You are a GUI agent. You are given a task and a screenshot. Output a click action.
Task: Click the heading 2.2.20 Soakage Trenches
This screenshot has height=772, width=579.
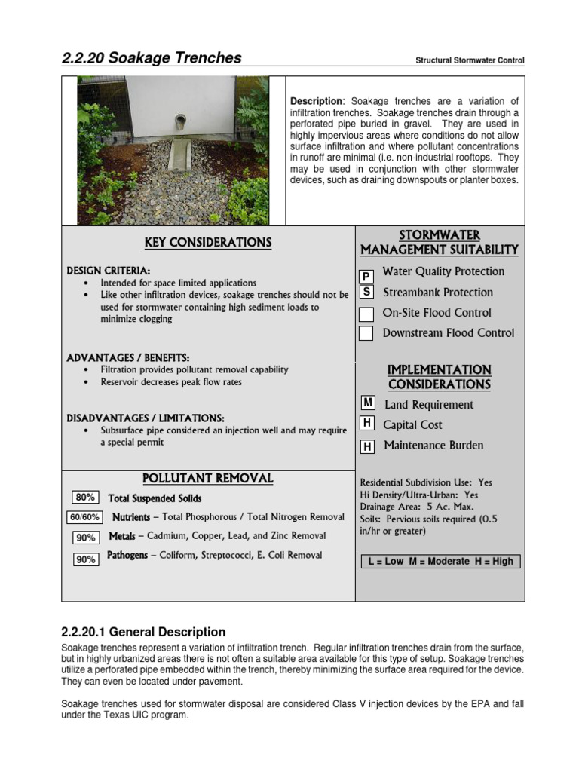point(152,58)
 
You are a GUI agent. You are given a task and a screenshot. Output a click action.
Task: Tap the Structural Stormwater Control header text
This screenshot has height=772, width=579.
point(470,60)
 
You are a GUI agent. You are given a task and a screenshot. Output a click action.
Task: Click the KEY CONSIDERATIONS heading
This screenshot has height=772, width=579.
point(208,243)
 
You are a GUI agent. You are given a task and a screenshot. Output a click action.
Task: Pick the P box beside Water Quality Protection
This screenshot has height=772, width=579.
point(366,277)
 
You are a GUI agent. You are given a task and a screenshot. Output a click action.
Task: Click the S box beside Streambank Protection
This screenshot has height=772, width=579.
point(366,292)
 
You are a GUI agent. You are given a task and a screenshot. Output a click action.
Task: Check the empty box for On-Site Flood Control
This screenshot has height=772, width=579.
point(366,314)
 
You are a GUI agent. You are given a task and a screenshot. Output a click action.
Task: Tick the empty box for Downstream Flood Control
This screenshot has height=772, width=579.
point(366,333)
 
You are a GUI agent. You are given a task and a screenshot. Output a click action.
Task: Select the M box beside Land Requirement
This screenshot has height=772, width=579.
point(368,404)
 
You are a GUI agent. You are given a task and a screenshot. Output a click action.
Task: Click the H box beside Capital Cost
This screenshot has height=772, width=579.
point(367,424)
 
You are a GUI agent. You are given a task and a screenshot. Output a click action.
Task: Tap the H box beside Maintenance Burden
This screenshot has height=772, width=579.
point(367,447)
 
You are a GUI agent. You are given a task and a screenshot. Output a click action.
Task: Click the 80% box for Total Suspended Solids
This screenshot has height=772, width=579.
point(85,498)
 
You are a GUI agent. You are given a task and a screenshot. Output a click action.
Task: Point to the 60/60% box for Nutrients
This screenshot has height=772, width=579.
point(84,518)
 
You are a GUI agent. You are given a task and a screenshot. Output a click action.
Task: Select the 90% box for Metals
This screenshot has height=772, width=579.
point(85,538)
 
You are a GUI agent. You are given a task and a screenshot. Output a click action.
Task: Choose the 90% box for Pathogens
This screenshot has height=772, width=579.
point(85,559)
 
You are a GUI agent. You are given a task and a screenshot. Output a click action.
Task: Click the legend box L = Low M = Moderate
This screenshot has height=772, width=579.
point(440,562)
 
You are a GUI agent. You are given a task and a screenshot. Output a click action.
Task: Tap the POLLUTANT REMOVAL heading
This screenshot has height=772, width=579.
point(208,479)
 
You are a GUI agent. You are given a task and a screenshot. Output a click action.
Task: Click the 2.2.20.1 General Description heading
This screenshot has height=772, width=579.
point(142,632)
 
